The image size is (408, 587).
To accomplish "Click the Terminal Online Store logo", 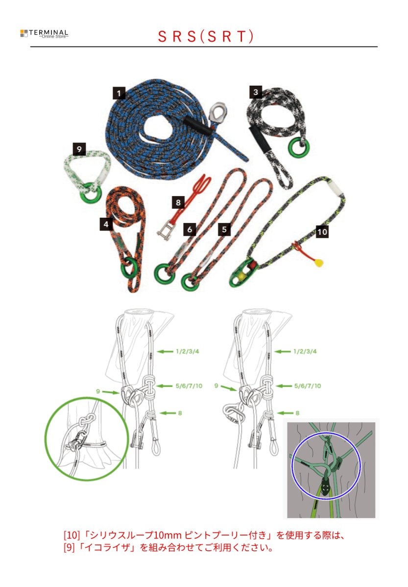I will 44,33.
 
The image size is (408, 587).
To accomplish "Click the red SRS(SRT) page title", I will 206,37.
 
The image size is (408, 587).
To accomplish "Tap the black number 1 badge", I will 119,92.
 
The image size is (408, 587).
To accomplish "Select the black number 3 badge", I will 255,91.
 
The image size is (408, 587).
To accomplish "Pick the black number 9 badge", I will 78,148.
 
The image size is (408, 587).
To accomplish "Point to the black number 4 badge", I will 106,224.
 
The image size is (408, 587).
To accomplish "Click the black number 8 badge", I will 178,202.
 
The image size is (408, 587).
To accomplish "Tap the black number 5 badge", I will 224,228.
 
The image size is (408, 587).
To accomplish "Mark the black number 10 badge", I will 322,231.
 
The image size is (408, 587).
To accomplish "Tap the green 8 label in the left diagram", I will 180,413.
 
